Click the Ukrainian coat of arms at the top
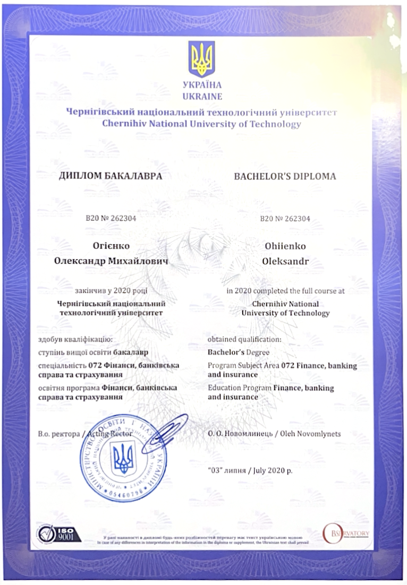pyautogui.click(x=202, y=59)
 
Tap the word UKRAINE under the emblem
pyautogui.click(x=202, y=97)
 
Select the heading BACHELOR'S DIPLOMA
pyautogui.click(x=285, y=176)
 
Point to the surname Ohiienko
pyautogui.click(x=285, y=246)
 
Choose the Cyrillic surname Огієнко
pyautogui.click(x=111, y=246)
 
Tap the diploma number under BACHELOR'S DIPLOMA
pyautogui.click(x=285, y=218)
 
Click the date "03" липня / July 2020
pyautogui.click(x=250, y=470)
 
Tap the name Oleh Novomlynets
pyautogui.click(x=313, y=434)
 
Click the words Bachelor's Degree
pyautogui.click(x=239, y=352)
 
